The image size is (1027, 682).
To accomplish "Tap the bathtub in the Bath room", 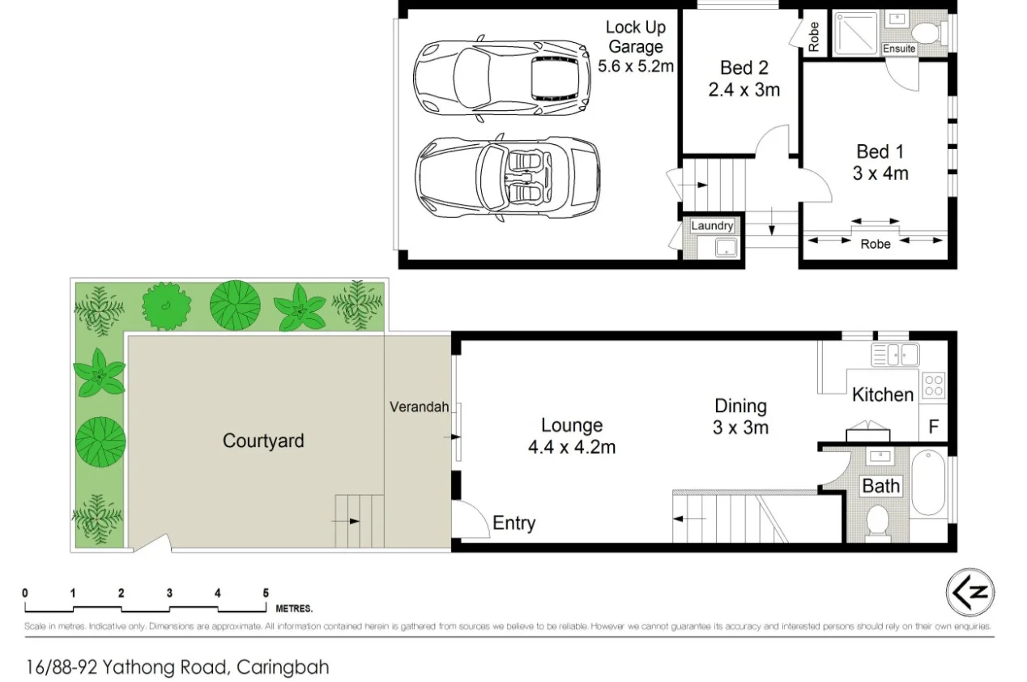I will pos(927,484).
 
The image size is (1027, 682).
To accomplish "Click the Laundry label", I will pos(712,226).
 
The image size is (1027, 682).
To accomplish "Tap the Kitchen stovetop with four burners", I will pos(933,384).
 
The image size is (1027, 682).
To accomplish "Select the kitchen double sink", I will pos(894,353).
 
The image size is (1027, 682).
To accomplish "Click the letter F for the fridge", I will pos(933,427).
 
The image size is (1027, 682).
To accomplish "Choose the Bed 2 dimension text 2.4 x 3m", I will pos(744,90).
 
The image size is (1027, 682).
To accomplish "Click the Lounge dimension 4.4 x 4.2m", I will pos(572,446).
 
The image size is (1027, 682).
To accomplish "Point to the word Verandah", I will pos(419,407).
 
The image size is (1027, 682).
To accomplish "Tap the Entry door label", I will pos(513,523).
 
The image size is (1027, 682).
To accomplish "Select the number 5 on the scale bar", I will pos(266,593).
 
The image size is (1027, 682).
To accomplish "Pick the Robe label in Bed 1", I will pos(875,244).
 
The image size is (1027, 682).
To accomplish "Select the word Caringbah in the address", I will pos(284,668).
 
